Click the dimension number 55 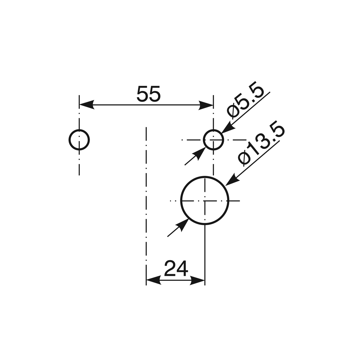148,94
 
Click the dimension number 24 176,268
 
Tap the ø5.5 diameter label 245,100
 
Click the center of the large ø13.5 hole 205,201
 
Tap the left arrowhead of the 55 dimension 87,105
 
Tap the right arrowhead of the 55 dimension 206,105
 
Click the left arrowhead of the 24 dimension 154,280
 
